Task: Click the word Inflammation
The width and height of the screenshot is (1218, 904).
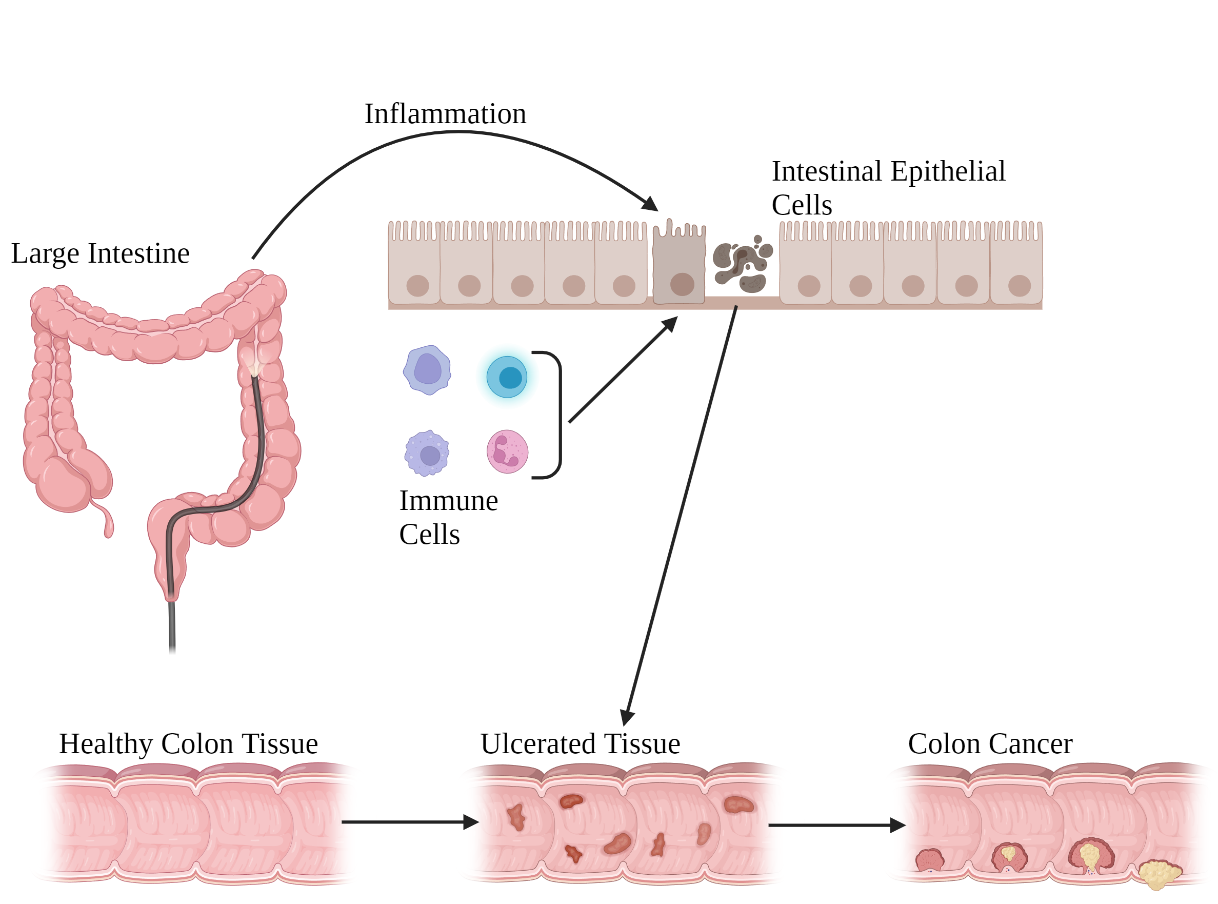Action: [445, 114]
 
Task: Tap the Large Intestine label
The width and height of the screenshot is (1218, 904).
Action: [100, 253]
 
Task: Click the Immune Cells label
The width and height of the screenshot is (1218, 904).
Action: [448, 517]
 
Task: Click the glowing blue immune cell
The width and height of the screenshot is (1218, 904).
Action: [507, 377]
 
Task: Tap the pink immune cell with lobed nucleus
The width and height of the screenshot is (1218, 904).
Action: [507, 451]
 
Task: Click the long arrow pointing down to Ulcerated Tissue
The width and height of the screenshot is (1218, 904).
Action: [682, 515]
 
